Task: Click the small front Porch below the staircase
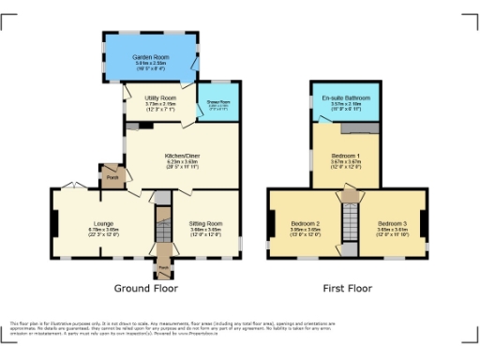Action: click(164, 268)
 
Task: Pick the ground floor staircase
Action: click(164, 226)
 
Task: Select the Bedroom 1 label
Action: click(345, 157)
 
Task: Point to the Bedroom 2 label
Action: click(306, 224)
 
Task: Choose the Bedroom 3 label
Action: click(389, 224)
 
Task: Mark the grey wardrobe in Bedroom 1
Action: click(364, 127)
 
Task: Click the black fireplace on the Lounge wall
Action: click(53, 223)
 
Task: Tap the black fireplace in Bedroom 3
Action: click(423, 223)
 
